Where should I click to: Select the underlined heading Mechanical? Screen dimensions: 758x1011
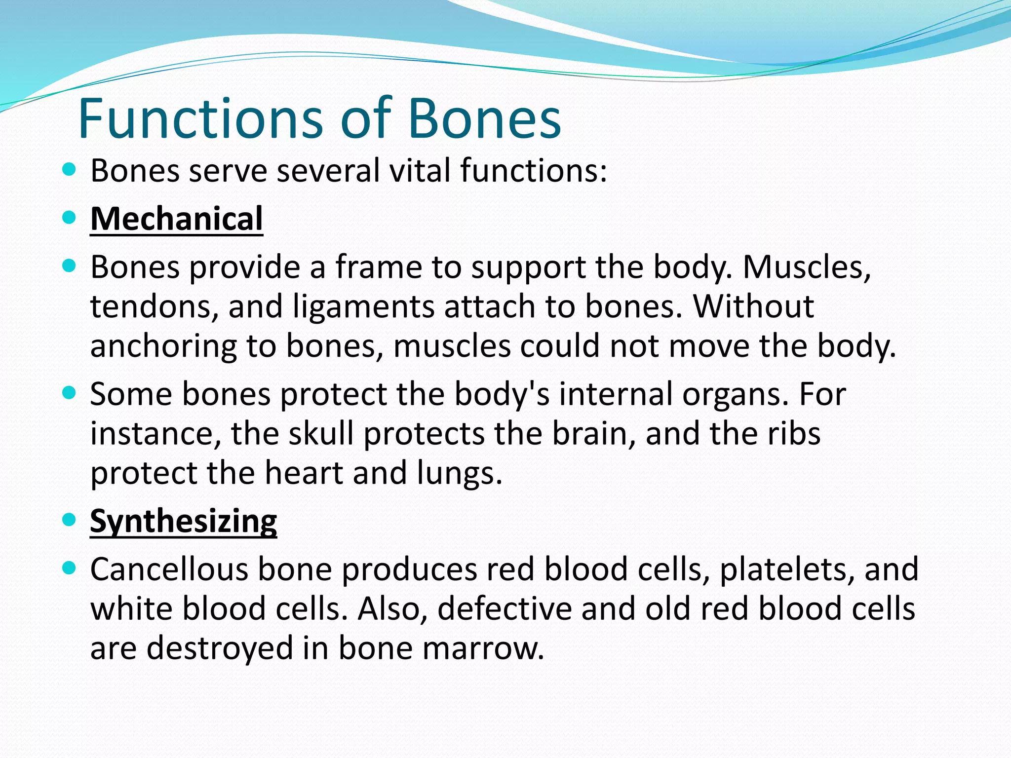(176, 219)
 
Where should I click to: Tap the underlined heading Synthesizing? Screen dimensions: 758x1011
(183, 521)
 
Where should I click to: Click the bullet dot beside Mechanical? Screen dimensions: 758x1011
(70, 218)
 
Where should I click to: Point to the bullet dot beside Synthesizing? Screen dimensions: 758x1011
(70, 520)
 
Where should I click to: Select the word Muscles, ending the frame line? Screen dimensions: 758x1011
(807, 267)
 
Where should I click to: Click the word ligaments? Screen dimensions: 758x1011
(364, 306)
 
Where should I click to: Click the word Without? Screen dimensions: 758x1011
(754, 306)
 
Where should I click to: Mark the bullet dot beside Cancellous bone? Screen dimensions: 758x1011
(70, 568)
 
